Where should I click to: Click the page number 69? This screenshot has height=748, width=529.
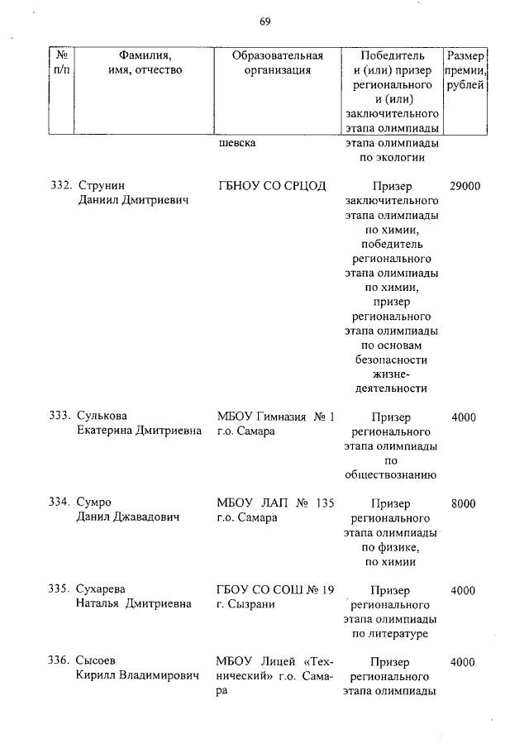coord(264,21)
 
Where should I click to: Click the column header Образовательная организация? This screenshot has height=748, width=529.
coord(277,63)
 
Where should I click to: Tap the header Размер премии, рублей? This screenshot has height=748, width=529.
coord(465,70)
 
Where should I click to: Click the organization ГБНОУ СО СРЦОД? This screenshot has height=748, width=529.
coord(272,186)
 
